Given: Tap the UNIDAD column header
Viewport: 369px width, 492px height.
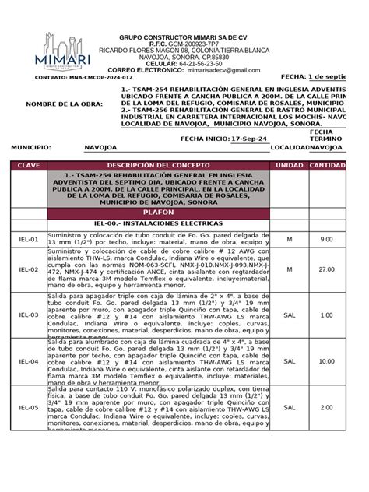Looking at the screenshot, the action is [x=290, y=166].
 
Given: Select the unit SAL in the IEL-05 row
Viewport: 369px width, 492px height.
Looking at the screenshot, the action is [x=290, y=407].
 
